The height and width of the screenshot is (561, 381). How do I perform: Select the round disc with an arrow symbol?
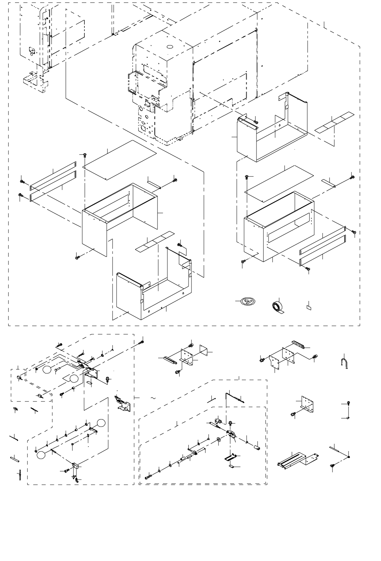tap(247, 302)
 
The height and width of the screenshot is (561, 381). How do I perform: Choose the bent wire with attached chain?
tap(234, 397)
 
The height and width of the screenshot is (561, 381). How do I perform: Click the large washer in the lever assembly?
tap(218, 439)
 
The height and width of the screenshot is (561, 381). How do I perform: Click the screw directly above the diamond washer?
tap(348, 404)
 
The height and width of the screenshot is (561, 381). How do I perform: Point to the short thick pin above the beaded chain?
tap(15, 458)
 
